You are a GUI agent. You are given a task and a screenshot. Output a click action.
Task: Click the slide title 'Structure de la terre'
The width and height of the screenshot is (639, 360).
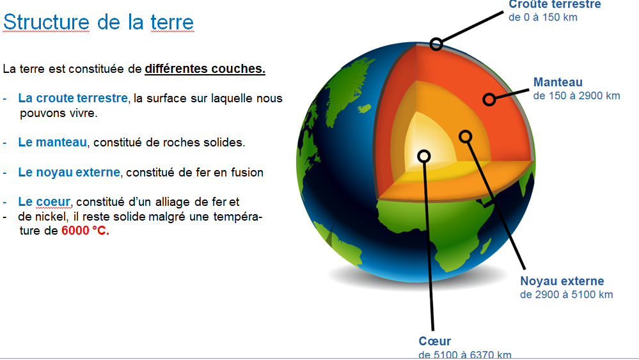pyautogui.click(x=99, y=22)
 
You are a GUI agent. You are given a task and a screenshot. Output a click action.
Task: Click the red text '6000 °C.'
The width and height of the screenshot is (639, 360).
pyautogui.click(x=85, y=231)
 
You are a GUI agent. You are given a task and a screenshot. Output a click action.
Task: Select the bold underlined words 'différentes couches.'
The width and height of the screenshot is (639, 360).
pyautogui.click(x=205, y=68)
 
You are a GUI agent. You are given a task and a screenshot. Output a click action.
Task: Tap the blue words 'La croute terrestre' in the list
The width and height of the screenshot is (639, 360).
pyautogui.click(x=73, y=98)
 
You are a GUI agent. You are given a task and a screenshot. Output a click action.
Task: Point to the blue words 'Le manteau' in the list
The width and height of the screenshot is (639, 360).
pyautogui.click(x=52, y=142)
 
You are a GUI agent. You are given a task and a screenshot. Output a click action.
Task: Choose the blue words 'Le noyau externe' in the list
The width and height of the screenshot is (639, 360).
pyautogui.click(x=68, y=172)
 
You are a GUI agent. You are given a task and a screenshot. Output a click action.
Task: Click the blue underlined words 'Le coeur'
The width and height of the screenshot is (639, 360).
pyautogui.click(x=43, y=202)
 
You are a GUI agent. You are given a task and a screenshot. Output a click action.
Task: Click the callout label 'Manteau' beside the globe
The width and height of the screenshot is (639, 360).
pyautogui.click(x=558, y=82)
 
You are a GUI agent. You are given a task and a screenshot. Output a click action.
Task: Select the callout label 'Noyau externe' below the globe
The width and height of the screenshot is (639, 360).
pyautogui.click(x=562, y=281)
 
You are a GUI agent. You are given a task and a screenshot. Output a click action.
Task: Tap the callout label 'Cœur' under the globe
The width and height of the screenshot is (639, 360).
pyautogui.click(x=434, y=341)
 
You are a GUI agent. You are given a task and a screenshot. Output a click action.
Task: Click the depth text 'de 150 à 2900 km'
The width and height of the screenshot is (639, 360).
pyautogui.click(x=576, y=96)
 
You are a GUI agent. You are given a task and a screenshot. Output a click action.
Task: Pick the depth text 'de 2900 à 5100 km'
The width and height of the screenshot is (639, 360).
pyautogui.click(x=566, y=295)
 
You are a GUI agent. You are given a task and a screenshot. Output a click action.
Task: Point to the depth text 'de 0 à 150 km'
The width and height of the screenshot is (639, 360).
pyautogui.click(x=542, y=17)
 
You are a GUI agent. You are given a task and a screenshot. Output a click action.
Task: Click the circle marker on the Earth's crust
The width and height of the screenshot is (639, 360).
pyautogui.click(x=436, y=43)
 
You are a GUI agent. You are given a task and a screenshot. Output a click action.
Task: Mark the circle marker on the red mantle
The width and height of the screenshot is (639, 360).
pyautogui.click(x=489, y=99)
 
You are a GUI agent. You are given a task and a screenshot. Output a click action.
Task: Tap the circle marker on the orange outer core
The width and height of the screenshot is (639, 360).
pyautogui.click(x=466, y=136)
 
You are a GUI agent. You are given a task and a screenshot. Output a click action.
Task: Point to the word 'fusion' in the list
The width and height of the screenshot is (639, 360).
pyautogui.click(x=248, y=173)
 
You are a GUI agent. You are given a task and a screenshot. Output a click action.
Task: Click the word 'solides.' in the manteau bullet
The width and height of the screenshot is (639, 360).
pyautogui.click(x=225, y=143)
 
